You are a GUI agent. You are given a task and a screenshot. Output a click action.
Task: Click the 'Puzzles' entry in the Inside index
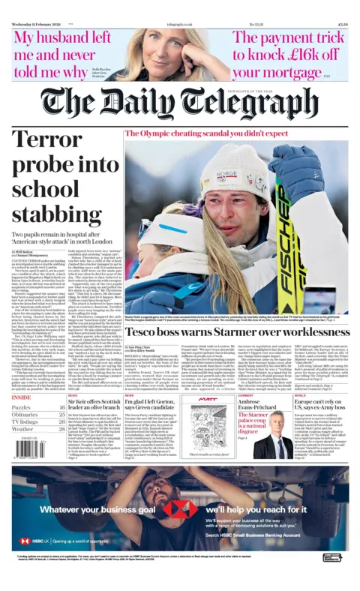click(x=25, y=407)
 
